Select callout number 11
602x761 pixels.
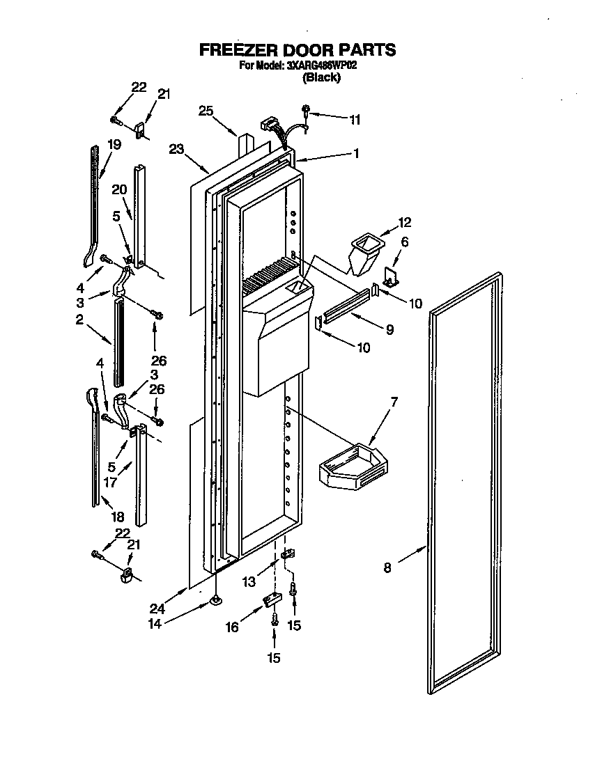355,120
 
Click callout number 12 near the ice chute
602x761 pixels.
404,222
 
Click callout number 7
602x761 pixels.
394,402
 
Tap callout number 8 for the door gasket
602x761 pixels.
387,567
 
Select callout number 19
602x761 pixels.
114,145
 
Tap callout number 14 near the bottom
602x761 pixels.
155,624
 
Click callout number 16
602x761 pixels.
231,627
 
